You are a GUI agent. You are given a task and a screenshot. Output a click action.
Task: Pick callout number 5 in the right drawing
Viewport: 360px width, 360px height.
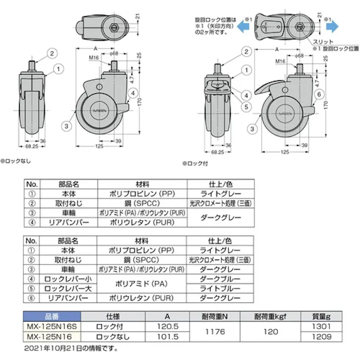tap(246, 107)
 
